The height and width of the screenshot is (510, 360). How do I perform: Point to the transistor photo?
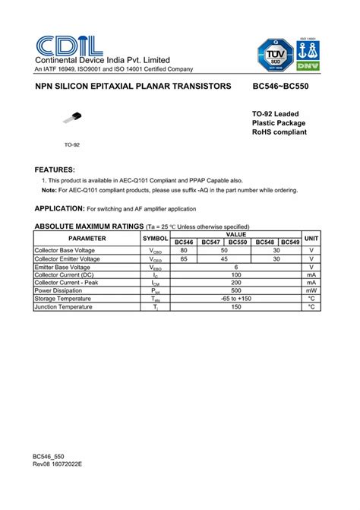[73, 118]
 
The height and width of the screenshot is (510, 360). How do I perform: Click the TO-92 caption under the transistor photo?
[72, 144]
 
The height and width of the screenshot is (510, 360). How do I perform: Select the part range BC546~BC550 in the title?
[280, 87]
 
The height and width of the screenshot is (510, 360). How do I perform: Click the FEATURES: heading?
[55, 169]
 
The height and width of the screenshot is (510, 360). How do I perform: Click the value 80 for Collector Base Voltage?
[184, 250]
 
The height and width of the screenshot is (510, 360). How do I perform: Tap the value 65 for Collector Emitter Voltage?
[184, 259]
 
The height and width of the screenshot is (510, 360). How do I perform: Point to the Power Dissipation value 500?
[236, 290]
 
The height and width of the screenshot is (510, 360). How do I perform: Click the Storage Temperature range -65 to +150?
[236, 299]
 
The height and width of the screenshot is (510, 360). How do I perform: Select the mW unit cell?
[311, 290]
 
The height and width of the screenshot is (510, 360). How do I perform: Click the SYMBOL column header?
[156, 238]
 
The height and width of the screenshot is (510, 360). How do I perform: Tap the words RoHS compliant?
[279, 132]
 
